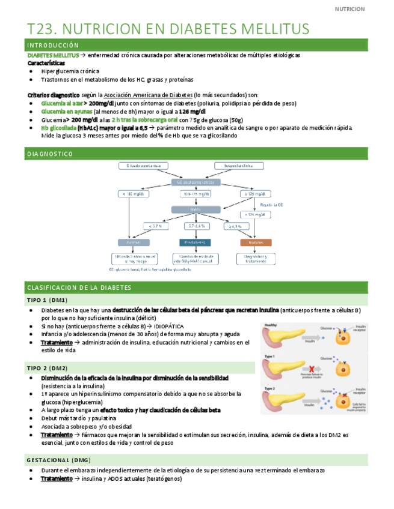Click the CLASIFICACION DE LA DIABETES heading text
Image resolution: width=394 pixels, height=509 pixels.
coord(79,288)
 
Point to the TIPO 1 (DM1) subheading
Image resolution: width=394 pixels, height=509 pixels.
coord(47,300)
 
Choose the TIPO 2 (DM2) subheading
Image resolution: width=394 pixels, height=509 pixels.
coord(47,368)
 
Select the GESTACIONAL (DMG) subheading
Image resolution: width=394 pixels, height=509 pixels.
coord(58,459)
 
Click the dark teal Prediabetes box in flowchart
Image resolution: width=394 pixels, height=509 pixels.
coord(195,242)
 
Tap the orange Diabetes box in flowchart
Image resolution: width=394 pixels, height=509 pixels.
coord(255,242)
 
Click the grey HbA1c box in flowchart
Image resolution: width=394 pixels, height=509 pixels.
coord(194,209)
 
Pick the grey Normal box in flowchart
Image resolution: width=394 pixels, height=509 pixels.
coord(134,242)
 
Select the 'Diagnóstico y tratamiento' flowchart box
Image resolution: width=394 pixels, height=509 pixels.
coord(255,259)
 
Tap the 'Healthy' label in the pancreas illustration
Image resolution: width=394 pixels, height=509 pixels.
coord(271,325)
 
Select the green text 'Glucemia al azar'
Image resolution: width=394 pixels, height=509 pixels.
coord(60,103)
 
